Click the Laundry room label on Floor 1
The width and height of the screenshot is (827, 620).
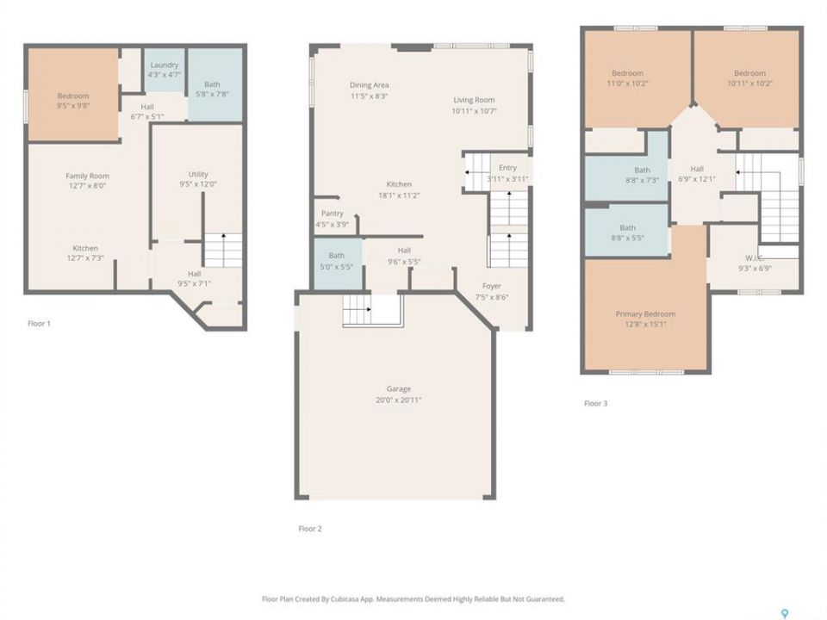point(164,65)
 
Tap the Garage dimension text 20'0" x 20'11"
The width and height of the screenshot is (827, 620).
point(398,400)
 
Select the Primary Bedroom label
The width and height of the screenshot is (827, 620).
point(645,313)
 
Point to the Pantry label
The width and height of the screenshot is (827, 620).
point(333,213)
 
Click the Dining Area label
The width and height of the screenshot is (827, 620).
point(370,85)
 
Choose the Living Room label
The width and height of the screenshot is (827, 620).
point(474,100)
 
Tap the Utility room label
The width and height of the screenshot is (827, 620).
point(198,174)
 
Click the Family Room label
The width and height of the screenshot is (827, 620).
point(88,176)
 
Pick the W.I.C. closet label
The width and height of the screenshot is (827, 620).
point(755,257)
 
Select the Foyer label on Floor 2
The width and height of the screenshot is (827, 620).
point(492,286)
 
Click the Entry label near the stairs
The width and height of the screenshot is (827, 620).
point(507,167)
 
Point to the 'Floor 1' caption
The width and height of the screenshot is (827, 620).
point(39,323)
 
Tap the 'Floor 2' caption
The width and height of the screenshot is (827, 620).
point(310,528)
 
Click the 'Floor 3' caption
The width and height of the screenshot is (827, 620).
point(595,403)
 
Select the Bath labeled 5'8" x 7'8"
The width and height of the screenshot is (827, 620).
point(212,84)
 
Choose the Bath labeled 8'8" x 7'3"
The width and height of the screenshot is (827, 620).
point(642,170)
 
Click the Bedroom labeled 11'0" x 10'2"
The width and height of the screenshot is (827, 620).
point(628,73)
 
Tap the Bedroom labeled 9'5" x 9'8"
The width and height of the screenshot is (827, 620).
point(73,96)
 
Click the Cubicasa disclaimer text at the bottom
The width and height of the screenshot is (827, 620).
point(413,599)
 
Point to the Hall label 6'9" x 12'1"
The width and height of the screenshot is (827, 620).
point(697,169)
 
